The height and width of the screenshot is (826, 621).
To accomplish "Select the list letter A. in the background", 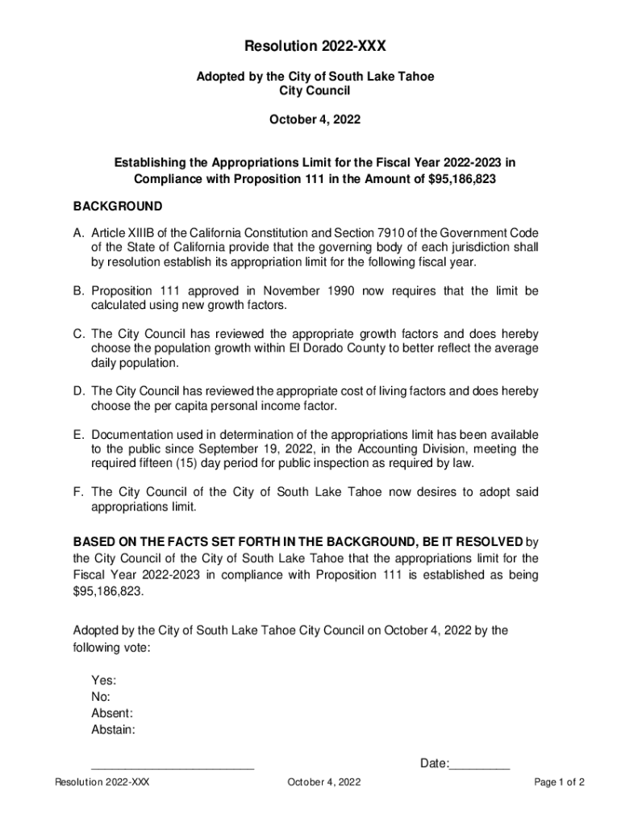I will [x=79, y=233].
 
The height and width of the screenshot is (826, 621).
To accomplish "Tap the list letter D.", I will [x=80, y=391].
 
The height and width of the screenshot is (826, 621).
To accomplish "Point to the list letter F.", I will [x=79, y=492].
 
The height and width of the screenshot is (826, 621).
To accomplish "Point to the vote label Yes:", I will [x=104, y=681].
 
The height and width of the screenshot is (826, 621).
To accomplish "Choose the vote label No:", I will [x=101, y=697].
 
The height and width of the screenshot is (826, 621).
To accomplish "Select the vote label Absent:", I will [x=112, y=714].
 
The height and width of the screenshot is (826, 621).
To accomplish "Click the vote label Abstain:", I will [x=114, y=730].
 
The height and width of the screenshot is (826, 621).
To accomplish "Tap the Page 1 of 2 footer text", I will [x=559, y=782].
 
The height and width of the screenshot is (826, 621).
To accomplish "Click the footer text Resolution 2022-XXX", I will [x=102, y=782].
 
